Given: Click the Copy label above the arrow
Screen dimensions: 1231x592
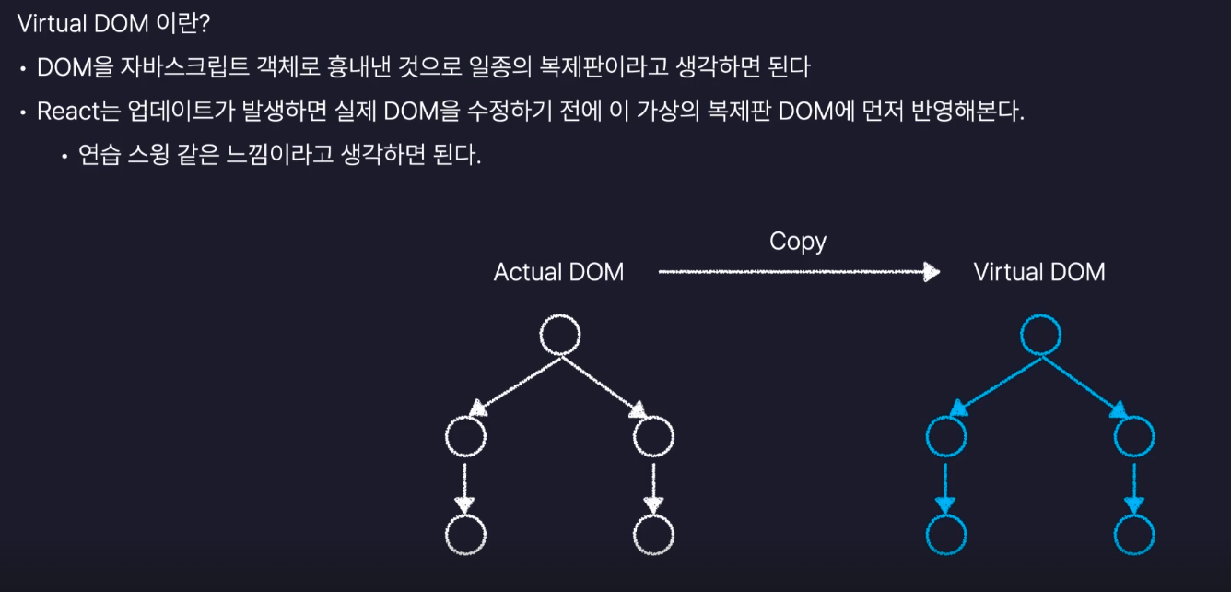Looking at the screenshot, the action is click(x=798, y=242).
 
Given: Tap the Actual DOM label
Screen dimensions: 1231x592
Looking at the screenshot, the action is click(x=558, y=272).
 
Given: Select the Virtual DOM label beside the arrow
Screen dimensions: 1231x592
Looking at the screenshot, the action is click(x=1038, y=272).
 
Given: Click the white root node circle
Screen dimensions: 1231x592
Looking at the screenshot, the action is click(x=559, y=337).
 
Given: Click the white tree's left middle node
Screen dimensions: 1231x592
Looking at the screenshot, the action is click(x=464, y=438).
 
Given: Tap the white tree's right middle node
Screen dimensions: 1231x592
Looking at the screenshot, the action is click(x=653, y=438).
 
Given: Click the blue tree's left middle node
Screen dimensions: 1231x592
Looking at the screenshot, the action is click(x=945, y=438).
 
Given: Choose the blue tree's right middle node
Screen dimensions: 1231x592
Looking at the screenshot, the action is click(x=1134, y=438).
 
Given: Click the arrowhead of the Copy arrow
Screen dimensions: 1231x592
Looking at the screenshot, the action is click(x=932, y=272).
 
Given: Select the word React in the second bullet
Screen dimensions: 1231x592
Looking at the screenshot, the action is click(x=65, y=112).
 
